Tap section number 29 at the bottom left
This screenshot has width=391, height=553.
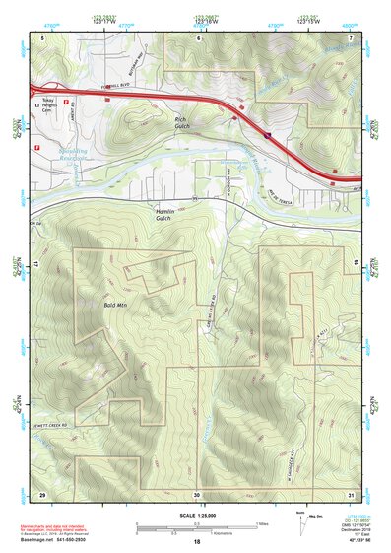(41, 493)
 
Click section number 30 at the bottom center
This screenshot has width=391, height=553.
(197, 493)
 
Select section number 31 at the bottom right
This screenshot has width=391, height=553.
(352, 493)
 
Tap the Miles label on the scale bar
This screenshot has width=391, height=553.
(261, 522)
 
